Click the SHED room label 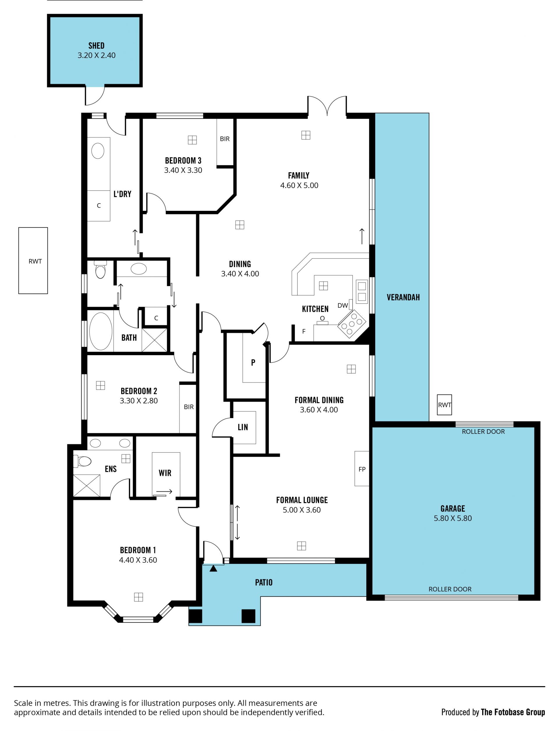(96, 46)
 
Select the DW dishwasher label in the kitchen (342, 305)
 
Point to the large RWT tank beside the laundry (33, 261)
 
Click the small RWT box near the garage (444, 404)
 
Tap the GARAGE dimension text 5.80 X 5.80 (452, 518)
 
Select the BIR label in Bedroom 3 (224, 139)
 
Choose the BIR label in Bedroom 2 (189, 407)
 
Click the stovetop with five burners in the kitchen (352, 324)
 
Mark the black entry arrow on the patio (213, 568)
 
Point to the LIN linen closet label (243, 427)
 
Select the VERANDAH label (403, 297)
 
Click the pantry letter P (253, 362)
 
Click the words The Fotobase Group (513, 712)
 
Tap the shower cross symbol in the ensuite (86, 486)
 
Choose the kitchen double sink (362, 291)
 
